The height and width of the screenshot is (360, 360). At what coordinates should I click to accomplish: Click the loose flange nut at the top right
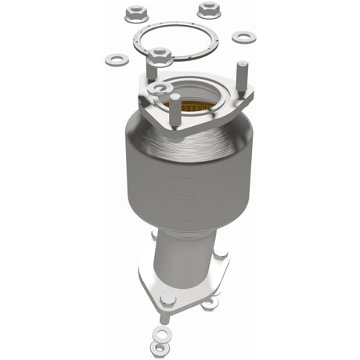tap(208, 10)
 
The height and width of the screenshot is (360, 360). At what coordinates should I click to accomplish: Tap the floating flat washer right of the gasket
tap(244, 37)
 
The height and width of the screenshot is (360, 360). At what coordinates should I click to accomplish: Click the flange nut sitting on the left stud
tap(160, 56)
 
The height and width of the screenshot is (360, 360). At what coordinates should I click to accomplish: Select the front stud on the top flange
tap(176, 110)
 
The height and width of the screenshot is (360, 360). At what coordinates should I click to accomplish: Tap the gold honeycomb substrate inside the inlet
tap(196, 98)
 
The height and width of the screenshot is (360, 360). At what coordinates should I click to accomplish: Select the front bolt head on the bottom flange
tap(167, 299)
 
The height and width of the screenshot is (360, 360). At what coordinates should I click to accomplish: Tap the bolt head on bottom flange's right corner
tap(221, 254)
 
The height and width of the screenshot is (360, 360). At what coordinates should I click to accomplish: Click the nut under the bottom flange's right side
tap(210, 304)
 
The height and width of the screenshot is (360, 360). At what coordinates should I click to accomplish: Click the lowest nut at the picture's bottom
tap(160, 347)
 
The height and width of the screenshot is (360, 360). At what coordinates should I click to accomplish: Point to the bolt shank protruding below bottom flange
tap(163, 318)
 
